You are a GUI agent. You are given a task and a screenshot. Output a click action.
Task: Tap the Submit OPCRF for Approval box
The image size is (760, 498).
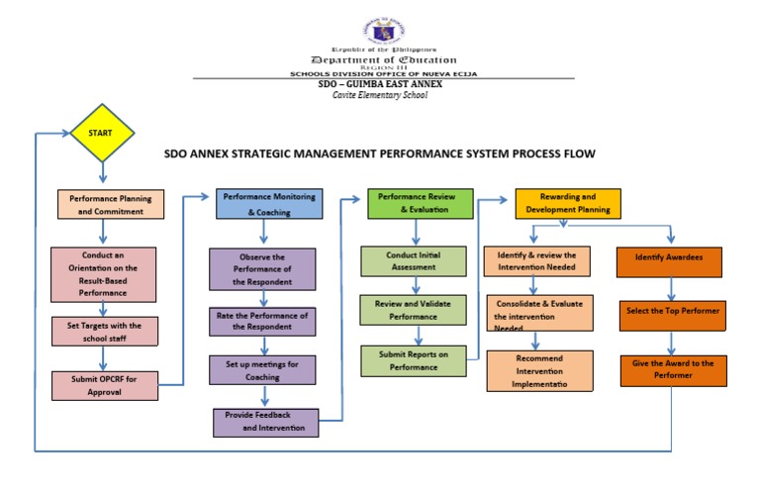pyautogui.click(x=105, y=384)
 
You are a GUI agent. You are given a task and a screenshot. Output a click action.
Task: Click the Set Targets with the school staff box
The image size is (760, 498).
pyautogui.click(x=105, y=332)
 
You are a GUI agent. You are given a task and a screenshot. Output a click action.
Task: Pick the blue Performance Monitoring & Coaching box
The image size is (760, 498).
pyautogui.click(x=269, y=204)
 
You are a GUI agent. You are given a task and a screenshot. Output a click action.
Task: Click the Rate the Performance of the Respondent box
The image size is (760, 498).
pyautogui.click(x=263, y=322)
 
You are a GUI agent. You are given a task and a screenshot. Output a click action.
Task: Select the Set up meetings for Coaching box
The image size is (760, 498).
pyautogui.click(x=263, y=368)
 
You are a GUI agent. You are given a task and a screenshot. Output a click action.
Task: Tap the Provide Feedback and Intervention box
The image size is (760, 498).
pyautogui.click(x=266, y=423)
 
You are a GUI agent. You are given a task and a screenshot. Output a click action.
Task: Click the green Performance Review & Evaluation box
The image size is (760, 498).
pyautogui.click(x=421, y=203)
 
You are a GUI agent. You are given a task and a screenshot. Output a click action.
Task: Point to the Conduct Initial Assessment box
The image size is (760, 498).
pyautogui.click(x=413, y=260)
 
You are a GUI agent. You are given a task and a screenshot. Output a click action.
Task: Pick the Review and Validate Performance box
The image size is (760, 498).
pyautogui.click(x=413, y=310)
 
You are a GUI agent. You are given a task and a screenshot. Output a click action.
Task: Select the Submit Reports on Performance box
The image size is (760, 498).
pyautogui.click(x=413, y=360)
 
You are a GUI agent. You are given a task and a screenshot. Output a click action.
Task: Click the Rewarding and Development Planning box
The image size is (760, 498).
pyautogui.click(x=568, y=203)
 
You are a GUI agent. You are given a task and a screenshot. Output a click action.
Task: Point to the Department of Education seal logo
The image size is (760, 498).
pyautogui.click(x=380, y=30)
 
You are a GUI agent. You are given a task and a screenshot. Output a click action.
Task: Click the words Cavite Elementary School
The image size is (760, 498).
pyautogui.click(x=380, y=95)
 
